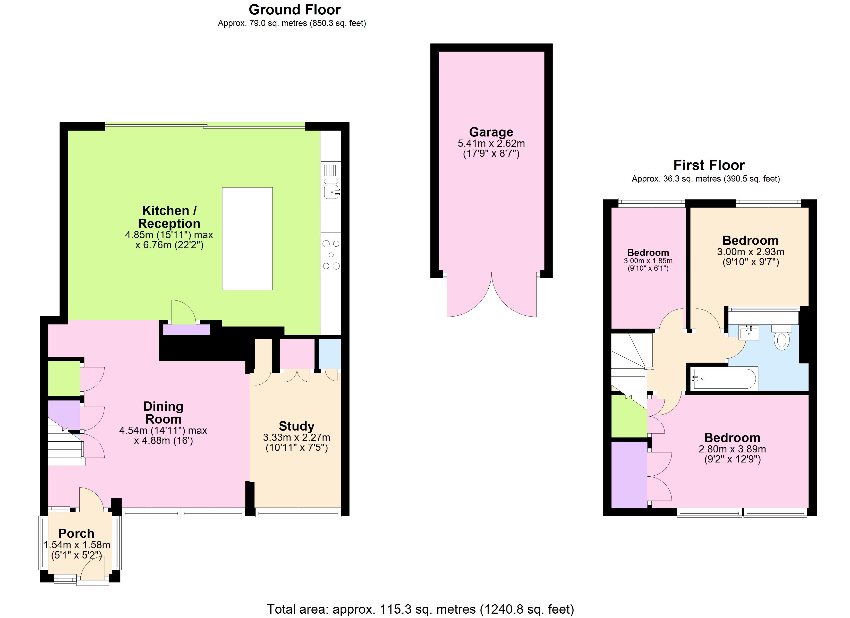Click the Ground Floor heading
[x=295, y=10]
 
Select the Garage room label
[x=491, y=132]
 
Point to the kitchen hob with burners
[x=331, y=255]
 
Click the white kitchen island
[x=247, y=239]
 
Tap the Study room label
[x=296, y=426]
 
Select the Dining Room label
[x=163, y=413]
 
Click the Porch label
[x=76, y=533]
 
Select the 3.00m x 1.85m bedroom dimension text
[x=648, y=261]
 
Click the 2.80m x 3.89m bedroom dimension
[x=732, y=449]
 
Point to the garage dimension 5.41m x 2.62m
[x=491, y=143]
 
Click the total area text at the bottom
[x=420, y=609]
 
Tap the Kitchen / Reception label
[x=169, y=217]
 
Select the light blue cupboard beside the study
[x=330, y=354]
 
